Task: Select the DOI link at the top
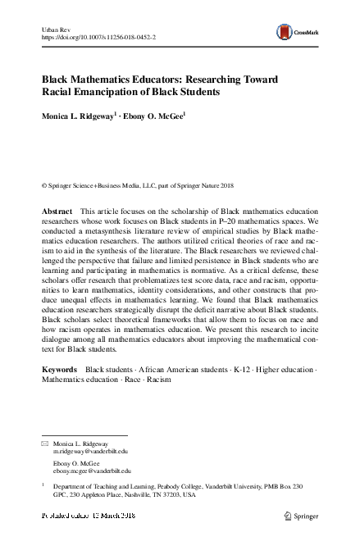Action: (99, 38)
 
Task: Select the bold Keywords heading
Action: (61, 370)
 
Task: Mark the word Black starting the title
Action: (58, 80)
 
